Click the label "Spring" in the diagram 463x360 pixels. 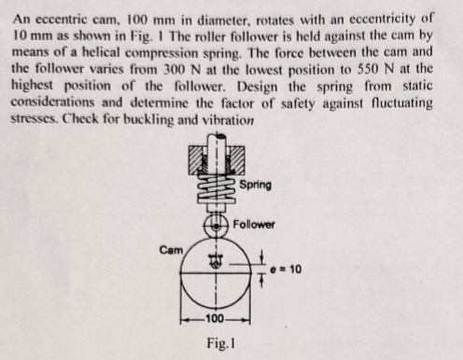pyautogui.click(x=255, y=184)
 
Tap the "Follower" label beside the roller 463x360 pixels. pyautogui.click(x=254, y=225)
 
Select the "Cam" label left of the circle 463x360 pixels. pyautogui.click(x=170, y=250)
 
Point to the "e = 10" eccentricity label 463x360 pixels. pyautogui.click(x=282, y=270)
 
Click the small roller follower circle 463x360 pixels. pyautogui.click(x=217, y=227)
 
